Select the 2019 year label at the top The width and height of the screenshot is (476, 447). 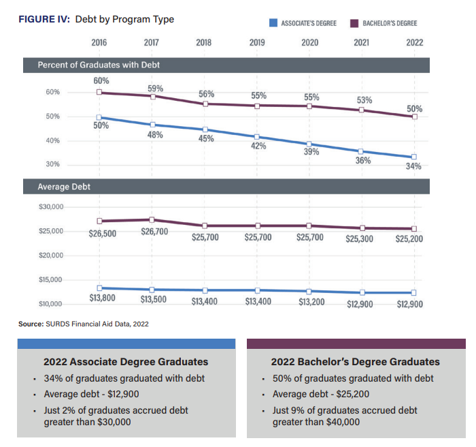[257, 42]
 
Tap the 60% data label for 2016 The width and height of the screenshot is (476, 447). [101, 81]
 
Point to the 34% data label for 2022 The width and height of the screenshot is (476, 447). [413, 166]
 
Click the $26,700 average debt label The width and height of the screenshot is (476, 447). [155, 232]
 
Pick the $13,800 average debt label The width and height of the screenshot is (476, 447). [102, 298]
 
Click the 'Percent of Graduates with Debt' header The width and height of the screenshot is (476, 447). [99, 65]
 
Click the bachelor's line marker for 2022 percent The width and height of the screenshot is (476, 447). [414, 117]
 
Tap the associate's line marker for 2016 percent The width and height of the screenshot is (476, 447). [99, 117]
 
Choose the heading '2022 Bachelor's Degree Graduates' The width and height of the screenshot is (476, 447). [355, 362]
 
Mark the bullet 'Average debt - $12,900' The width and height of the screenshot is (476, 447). [90, 394]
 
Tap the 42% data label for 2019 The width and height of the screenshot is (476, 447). [258, 146]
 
